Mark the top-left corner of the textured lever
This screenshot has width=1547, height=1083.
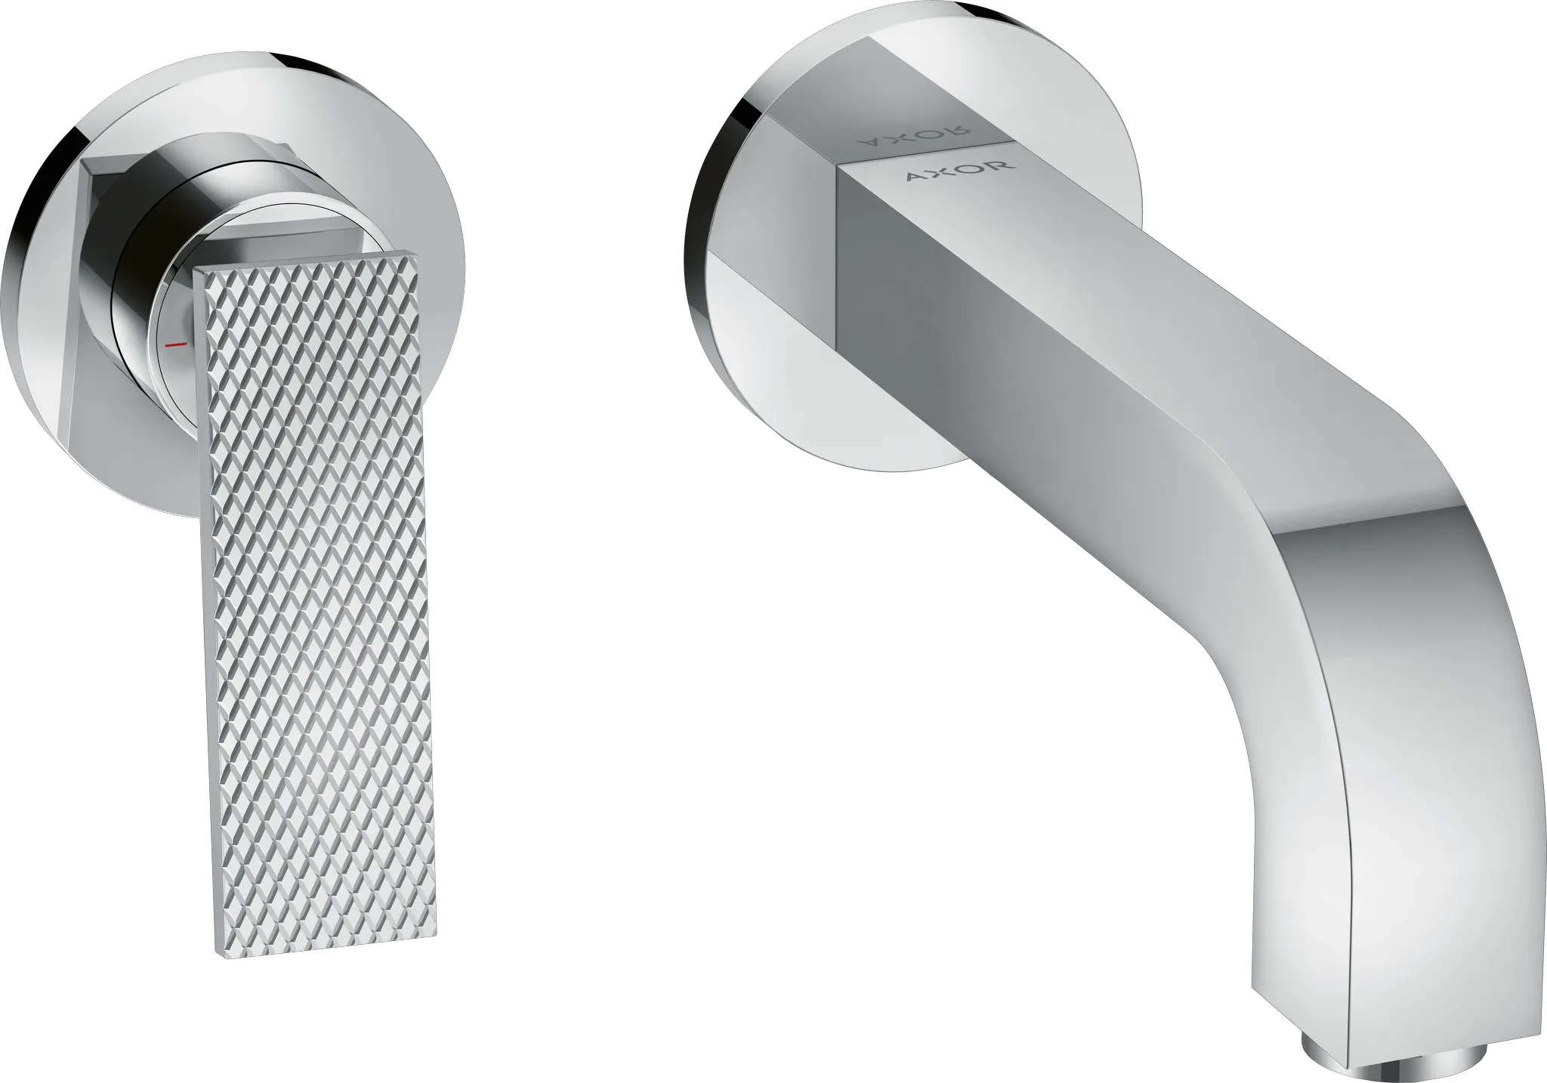coord(198,269)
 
